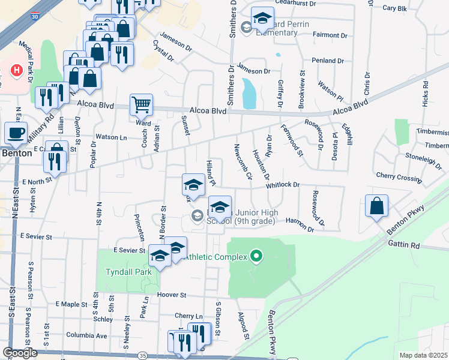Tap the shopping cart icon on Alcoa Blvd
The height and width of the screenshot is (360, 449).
[142, 104]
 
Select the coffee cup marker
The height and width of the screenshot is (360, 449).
[16, 133]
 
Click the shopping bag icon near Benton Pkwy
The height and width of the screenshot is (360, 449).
[376, 206]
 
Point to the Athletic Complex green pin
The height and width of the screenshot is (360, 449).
[256, 257]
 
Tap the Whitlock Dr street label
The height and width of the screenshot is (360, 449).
[283, 185]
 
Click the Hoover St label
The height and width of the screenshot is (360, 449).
[172, 295]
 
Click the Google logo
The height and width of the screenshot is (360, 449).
[20, 353]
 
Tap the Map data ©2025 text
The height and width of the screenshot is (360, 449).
[423, 355]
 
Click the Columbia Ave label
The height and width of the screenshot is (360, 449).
[86, 335]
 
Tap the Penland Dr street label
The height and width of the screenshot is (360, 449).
[327, 61]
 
